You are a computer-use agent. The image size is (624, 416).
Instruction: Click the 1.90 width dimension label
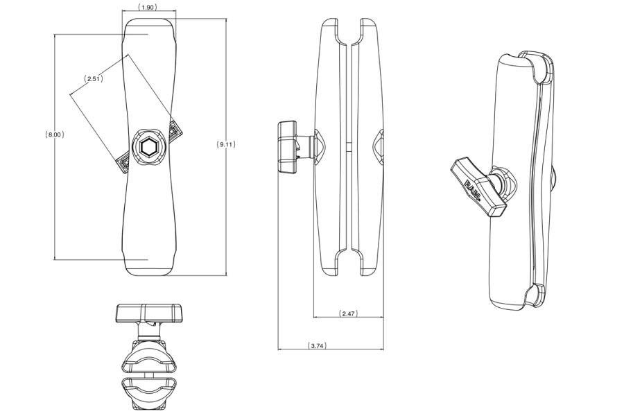148,7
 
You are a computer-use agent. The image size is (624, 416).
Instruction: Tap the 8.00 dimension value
55,135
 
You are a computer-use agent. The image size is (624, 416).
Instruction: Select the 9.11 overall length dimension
226,144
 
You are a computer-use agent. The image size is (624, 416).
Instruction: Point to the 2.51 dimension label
94,78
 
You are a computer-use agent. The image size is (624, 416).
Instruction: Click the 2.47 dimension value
348,313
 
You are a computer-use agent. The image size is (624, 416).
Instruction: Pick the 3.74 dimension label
318,345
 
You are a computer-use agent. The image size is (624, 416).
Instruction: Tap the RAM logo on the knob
473,190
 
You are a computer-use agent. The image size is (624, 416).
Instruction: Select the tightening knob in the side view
288,147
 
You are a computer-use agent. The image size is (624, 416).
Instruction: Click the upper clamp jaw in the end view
148,355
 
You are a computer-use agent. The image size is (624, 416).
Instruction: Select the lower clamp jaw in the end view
148,392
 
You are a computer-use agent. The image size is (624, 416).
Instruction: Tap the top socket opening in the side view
349,31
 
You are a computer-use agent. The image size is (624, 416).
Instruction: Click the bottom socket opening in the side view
349,263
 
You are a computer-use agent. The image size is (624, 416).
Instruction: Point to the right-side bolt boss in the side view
379,146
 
